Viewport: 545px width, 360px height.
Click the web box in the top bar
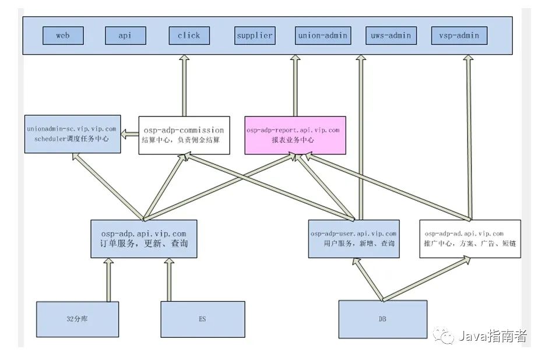[x=63, y=36]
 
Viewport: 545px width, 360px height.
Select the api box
[x=125, y=36]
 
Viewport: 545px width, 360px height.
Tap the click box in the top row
[x=189, y=36]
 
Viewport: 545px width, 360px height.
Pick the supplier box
[x=254, y=36]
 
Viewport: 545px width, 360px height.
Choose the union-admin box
[x=322, y=36]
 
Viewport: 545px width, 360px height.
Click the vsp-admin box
[x=459, y=36]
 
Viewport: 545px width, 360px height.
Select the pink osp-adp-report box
[x=295, y=135]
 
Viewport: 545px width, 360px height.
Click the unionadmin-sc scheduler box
[x=72, y=134]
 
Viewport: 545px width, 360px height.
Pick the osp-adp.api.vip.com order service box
[x=143, y=238]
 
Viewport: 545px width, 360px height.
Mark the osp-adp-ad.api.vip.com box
[x=470, y=238]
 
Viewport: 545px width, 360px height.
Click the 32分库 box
[x=77, y=319]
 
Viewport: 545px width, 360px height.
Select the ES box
[x=202, y=319]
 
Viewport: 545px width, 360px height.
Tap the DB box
[x=382, y=319]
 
